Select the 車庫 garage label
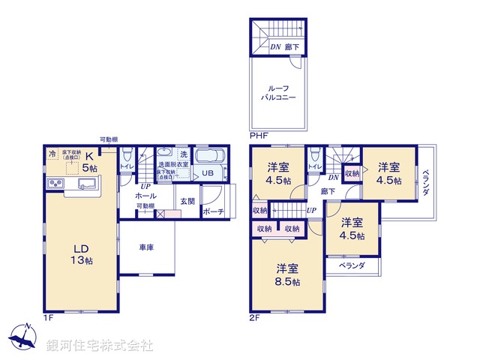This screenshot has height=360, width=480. [x=145, y=247]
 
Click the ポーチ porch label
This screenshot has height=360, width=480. [x=214, y=212]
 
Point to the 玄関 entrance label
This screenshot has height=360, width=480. [x=187, y=201]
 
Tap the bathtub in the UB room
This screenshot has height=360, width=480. [x=208, y=157]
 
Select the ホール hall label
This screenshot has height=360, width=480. [x=146, y=195]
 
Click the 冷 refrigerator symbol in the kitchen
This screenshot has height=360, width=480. [x=52, y=154]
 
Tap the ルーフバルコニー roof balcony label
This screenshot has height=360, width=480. [x=277, y=93]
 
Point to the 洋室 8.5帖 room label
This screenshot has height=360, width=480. [x=286, y=274]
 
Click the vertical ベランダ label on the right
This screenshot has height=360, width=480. [x=424, y=184]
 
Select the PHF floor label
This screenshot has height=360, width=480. [x=258, y=136]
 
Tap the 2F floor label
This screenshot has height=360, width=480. [x=256, y=318]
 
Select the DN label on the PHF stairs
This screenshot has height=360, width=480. [x=276, y=46]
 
